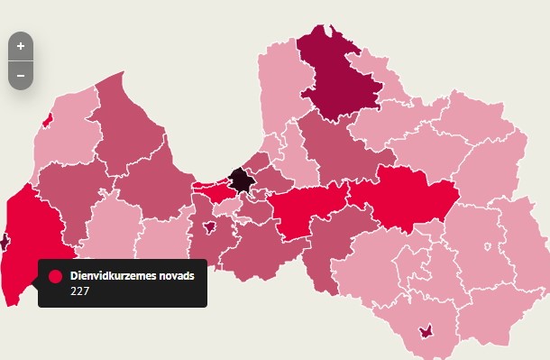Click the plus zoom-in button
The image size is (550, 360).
tap(21, 46)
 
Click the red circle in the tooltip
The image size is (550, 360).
tap(55, 276)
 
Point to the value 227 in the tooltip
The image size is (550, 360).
tap(79, 291)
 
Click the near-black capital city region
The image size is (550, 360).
tap(242, 180)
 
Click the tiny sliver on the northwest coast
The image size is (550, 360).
tap(47, 120)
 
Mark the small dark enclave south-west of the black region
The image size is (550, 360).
tap(210, 226)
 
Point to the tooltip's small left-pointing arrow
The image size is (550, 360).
tap(35, 282)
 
